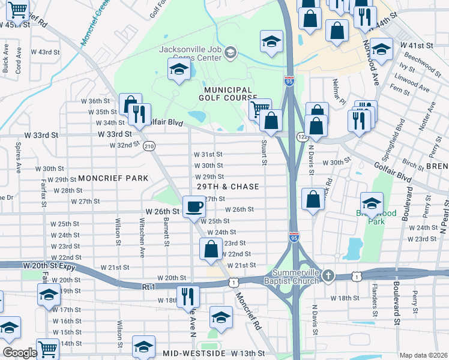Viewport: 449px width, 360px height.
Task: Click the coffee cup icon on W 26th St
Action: (193, 206)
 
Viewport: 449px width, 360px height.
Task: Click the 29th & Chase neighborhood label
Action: (228, 187)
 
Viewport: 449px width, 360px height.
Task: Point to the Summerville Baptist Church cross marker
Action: (327, 275)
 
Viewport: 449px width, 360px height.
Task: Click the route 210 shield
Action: (149, 146)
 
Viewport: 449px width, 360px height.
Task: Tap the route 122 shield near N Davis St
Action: (303, 137)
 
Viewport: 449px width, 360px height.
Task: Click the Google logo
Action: (19, 352)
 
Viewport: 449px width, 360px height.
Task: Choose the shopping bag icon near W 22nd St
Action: (211, 249)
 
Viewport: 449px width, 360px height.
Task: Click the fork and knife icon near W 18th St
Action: (188, 296)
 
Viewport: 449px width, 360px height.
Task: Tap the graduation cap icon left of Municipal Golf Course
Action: (178, 70)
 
